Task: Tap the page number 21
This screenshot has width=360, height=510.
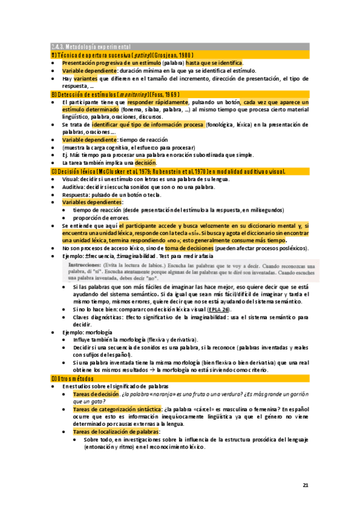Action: click(305, 485)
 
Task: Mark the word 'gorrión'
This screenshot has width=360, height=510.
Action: click(298, 394)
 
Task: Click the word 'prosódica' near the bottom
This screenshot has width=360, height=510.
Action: click(254, 440)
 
